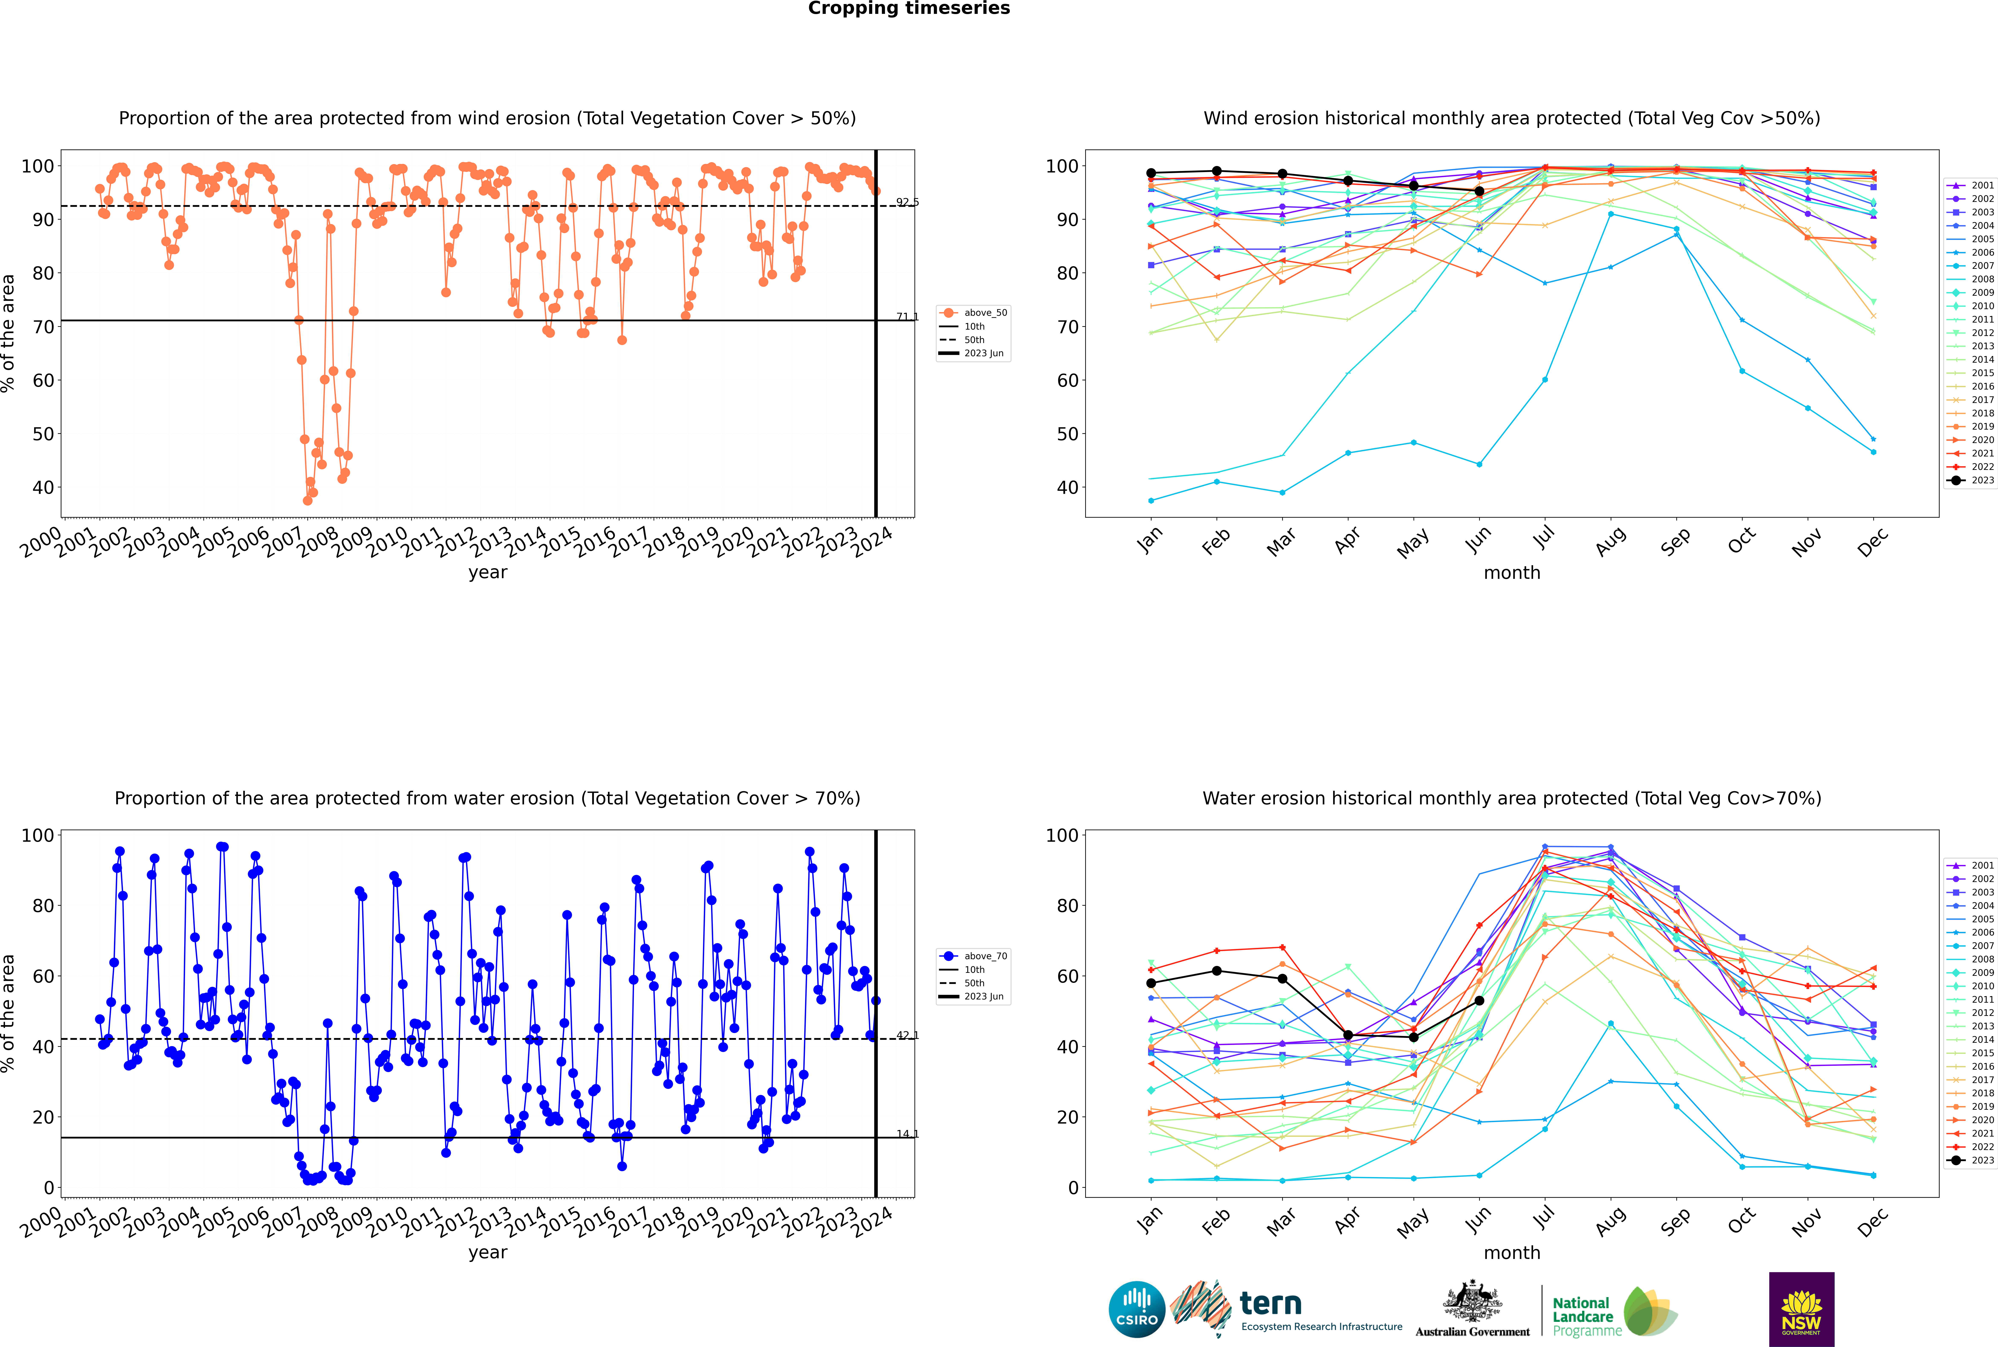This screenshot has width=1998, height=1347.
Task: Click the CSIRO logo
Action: [x=1136, y=1309]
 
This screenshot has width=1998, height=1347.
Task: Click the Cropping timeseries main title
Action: [x=909, y=9]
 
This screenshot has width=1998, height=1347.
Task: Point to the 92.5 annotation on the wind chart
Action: [x=907, y=203]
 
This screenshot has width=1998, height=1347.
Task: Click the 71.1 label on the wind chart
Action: [x=907, y=317]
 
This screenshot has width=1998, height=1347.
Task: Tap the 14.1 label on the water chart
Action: [x=907, y=1134]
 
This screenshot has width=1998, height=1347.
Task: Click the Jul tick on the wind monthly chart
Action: [x=1544, y=539]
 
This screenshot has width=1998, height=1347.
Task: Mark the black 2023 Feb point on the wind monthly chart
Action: [x=1216, y=171]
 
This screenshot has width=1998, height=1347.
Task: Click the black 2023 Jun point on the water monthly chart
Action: [x=1479, y=1001]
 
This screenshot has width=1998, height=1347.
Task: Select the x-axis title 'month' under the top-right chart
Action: [x=1512, y=573]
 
